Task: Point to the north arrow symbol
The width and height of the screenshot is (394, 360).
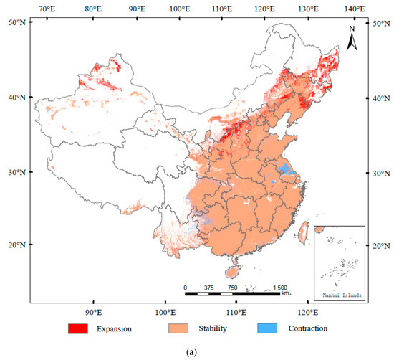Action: (x=352, y=39)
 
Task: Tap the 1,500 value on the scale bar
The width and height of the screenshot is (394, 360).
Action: (x=281, y=288)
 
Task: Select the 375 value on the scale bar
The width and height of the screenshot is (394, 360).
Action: (x=208, y=288)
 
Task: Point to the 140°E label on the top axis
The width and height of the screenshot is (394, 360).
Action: (x=351, y=9)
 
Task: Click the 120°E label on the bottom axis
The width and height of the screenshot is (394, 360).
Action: (x=307, y=313)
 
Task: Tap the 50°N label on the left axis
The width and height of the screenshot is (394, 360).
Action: (x=17, y=23)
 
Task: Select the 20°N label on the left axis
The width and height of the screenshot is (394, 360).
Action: (x=17, y=245)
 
